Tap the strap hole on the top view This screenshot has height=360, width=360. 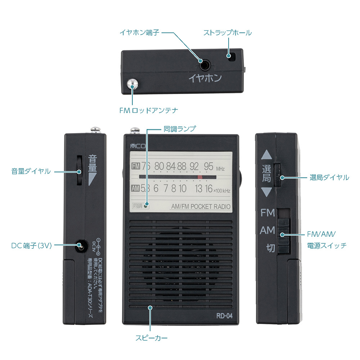(x=230, y=56)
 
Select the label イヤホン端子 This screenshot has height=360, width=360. (x=140, y=32)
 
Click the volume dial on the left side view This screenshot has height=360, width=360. (x=79, y=171)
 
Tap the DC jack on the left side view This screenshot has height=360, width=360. (x=79, y=246)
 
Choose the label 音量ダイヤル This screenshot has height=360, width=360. (x=31, y=171)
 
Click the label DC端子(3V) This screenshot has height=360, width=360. (x=32, y=246)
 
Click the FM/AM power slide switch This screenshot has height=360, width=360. (x=283, y=234)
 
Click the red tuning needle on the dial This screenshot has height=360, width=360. (x=200, y=177)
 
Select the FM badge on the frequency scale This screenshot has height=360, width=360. (x=135, y=166)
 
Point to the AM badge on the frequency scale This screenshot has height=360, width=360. (x=135, y=188)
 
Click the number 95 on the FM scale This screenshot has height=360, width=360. (x=209, y=166)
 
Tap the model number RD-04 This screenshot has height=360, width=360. (x=224, y=316)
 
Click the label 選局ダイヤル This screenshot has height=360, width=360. (x=329, y=177)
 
